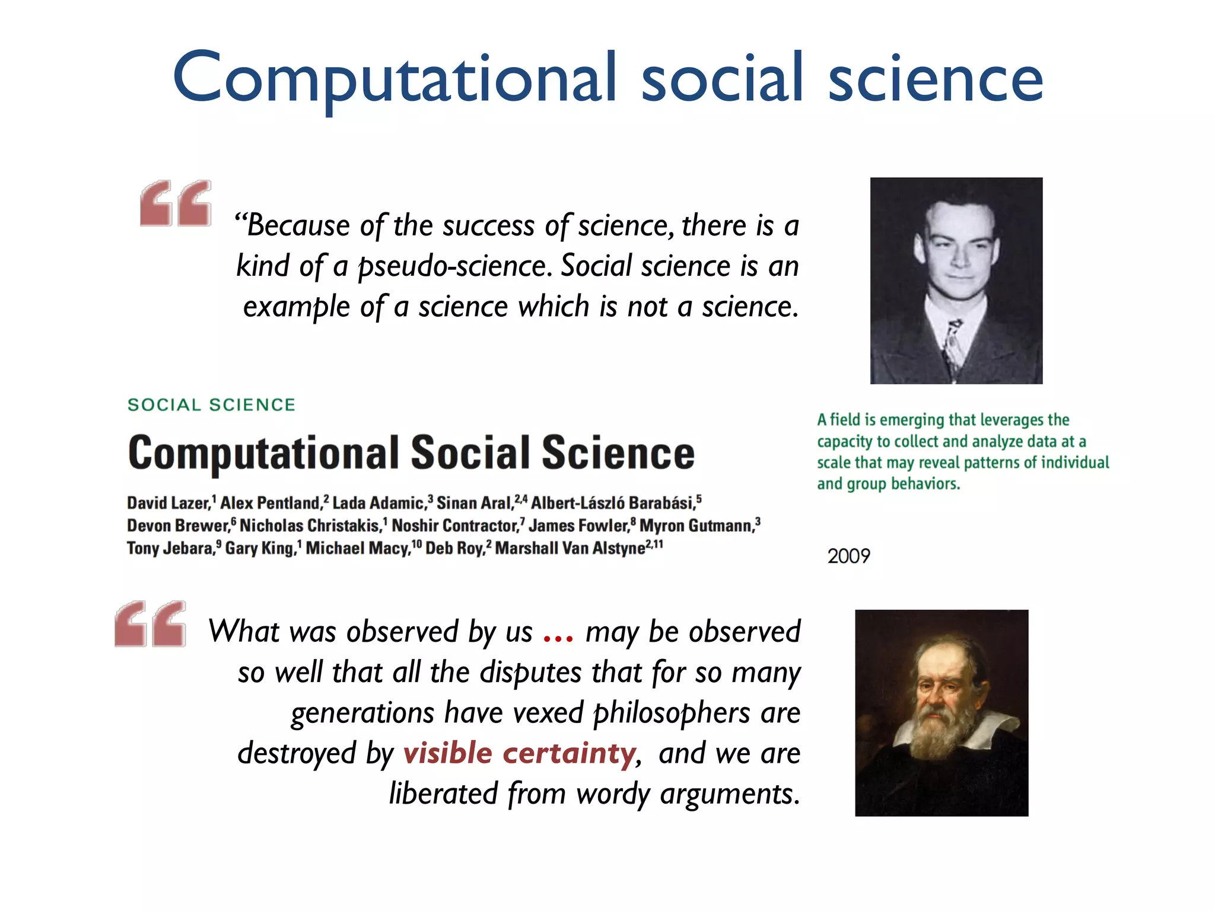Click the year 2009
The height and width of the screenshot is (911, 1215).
click(x=848, y=556)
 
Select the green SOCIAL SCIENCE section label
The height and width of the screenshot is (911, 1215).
click(x=212, y=405)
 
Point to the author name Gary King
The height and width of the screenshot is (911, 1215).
click(x=259, y=549)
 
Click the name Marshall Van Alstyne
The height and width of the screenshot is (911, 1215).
click(x=570, y=549)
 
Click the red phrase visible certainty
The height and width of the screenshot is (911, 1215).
click(x=519, y=753)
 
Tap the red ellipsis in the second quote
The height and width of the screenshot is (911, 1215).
click(x=558, y=636)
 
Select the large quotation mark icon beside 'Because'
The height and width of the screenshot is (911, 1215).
click(x=176, y=203)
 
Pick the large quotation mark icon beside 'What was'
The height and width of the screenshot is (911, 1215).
click(x=150, y=624)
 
